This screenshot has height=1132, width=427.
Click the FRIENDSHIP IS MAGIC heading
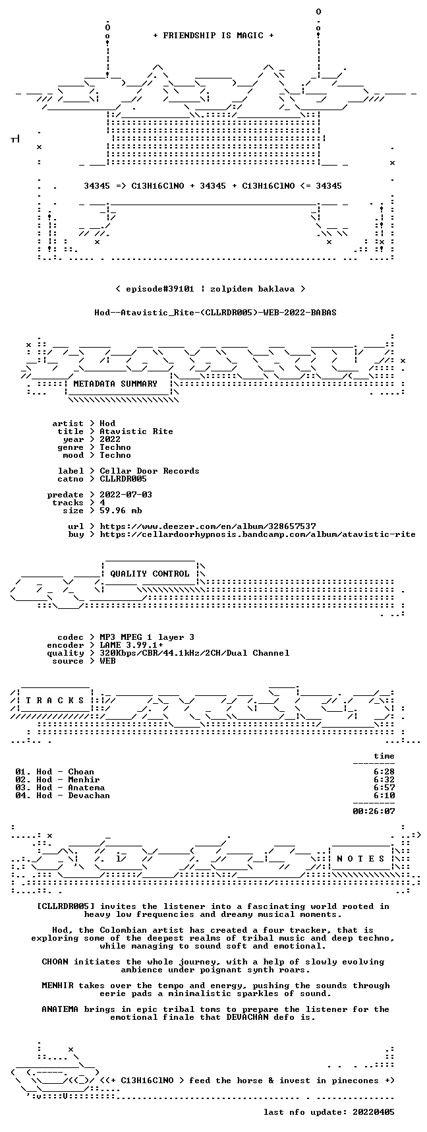coord(213,36)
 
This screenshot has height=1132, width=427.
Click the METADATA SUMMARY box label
coord(115,383)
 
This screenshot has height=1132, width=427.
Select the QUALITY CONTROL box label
coord(150,573)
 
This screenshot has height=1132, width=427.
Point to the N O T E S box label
coord(360,858)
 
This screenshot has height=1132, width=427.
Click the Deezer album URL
coord(208,526)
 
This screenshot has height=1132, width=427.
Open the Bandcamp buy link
coord(258,534)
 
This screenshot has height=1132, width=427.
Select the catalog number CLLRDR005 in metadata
coord(123,478)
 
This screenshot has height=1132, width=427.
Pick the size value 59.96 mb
coord(121,510)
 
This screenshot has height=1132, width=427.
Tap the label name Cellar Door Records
coord(150,470)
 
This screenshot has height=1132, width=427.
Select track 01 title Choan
coord(81,771)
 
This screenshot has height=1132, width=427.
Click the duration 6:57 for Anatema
coord(384,787)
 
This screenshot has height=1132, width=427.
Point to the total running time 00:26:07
coord(374,811)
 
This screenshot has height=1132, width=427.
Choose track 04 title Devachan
coord(89,795)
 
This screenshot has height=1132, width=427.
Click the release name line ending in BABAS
coord(215,312)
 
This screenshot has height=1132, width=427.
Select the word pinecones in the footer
coord(360,1080)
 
